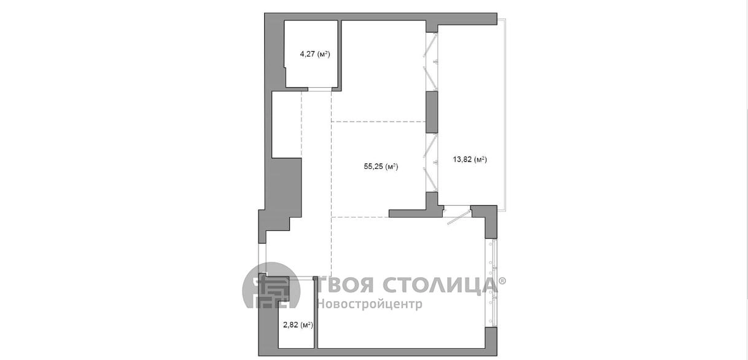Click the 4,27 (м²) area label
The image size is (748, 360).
[315, 54]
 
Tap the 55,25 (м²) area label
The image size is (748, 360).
[381, 166]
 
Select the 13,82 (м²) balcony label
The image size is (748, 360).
[470, 159]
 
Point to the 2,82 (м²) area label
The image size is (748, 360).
[298, 324]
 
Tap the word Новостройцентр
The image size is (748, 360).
[370, 304]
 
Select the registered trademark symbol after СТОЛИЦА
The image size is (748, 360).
[502, 281]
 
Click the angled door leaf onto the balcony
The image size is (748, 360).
[459, 217]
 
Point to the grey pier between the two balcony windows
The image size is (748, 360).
[432, 112]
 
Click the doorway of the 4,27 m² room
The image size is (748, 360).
[319, 89]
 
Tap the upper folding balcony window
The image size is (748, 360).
[432, 61]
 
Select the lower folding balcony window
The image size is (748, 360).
[432, 163]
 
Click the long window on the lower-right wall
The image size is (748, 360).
[492, 283]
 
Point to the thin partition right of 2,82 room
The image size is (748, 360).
[316, 313]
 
